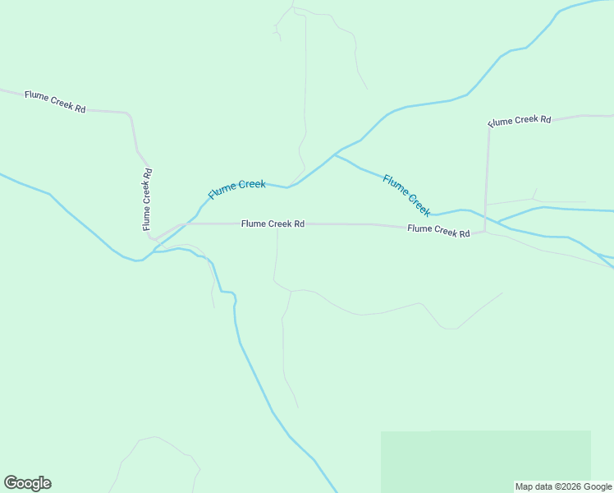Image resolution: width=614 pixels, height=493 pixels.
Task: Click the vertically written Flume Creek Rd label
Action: [147, 199]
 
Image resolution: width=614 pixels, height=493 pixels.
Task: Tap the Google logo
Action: [27, 483]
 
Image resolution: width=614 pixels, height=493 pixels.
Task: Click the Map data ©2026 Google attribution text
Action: [563, 486]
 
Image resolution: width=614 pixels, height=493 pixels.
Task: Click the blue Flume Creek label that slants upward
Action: [236, 189]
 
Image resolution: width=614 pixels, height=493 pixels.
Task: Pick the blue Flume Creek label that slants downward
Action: [406, 195]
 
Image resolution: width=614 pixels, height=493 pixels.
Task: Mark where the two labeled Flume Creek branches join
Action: [334, 154]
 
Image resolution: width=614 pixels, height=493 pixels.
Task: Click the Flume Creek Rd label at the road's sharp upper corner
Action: [519, 120]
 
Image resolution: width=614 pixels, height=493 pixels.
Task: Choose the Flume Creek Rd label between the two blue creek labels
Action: [273, 223]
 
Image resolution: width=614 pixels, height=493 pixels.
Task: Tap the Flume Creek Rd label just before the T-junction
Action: [438, 231]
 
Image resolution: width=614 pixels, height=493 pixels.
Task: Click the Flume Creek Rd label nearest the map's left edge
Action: [55, 101]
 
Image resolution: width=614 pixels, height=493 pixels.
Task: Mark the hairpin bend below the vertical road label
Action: [152, 239]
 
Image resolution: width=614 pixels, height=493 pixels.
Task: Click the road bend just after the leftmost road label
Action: [128, 114]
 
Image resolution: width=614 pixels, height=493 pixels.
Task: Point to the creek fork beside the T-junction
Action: [500, 222]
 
